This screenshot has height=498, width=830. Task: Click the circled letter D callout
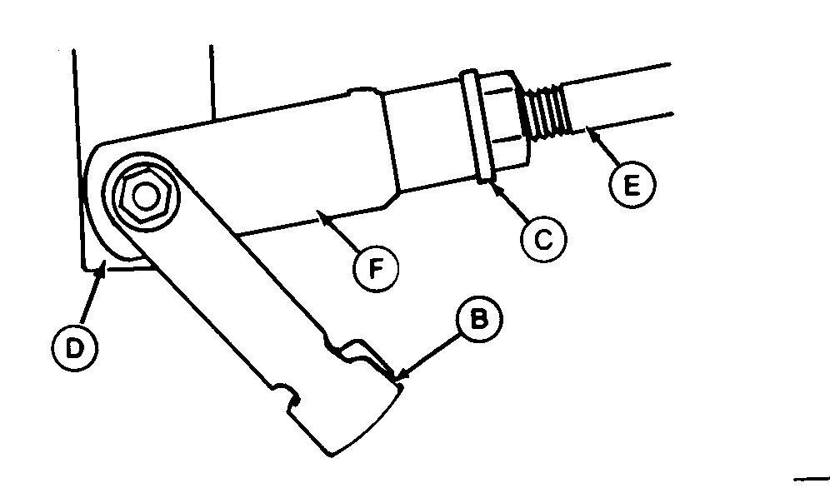75,348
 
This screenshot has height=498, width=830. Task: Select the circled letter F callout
375,269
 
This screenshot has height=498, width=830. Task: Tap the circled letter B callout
479,319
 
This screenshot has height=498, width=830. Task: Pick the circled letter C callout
543,239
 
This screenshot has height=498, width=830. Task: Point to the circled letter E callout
632,185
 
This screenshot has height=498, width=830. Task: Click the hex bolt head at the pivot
145,196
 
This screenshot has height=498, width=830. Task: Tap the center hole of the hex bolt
145,196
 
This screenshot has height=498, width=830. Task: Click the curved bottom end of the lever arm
365,423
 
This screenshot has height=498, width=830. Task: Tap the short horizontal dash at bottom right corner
811,479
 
